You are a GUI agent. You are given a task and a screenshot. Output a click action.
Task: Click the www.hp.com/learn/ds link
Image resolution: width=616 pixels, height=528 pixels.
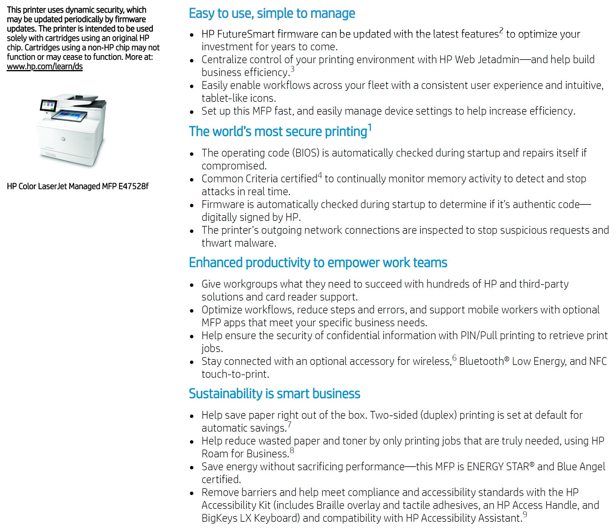[x=45, y=66]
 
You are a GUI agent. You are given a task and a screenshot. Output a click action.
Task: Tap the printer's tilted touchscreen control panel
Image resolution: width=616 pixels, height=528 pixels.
[x=49, y=105]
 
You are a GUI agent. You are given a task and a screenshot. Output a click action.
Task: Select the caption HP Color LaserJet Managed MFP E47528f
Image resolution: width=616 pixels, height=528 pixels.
[x=78, y=186]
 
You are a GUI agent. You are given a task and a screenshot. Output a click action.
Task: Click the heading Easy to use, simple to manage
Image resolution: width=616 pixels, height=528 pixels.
[x=272, y=13]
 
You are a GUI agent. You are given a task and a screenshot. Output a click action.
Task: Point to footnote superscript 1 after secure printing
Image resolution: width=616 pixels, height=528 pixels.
[x=370, y=128]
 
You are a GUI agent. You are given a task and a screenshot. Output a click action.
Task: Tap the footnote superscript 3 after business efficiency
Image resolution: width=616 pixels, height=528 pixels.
[x=293, y=69]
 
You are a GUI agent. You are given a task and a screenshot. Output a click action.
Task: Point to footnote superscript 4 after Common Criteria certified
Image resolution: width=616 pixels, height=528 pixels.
[x=320, y=175]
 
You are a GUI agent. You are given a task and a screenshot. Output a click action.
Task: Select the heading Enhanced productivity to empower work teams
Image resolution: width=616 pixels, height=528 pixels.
[x=318, y=263]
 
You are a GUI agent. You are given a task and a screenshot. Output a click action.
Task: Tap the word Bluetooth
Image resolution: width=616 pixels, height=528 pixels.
[x=481, y=361]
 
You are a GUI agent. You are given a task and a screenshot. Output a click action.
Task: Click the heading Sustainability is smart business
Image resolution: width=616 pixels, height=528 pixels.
[x=274, y=394]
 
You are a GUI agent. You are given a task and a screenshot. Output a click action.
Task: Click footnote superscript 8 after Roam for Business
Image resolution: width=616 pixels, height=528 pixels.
[x=292, y=450]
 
